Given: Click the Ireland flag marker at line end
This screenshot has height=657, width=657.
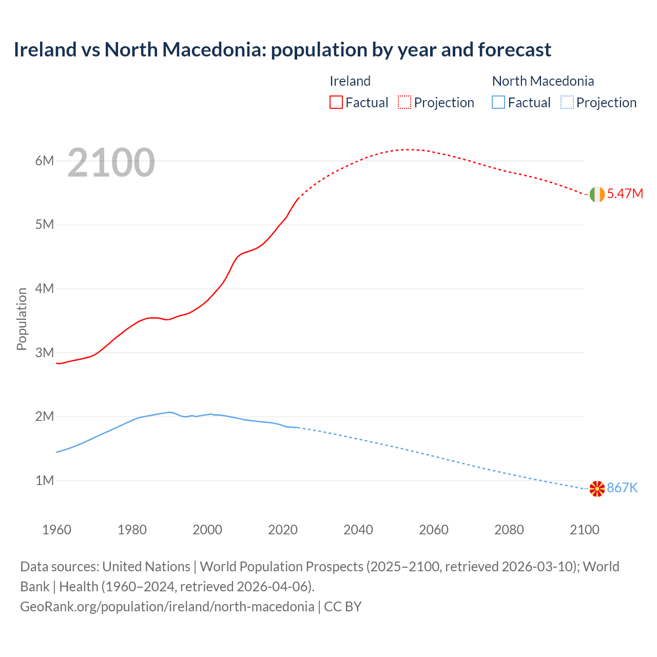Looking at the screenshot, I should (597, 195).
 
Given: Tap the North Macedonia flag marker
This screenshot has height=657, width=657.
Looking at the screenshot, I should (597, 489).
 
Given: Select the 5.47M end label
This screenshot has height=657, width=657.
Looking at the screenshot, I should (625, 194).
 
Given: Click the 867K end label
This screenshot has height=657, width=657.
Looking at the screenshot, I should (622, 488).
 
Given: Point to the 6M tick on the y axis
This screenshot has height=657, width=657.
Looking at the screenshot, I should (45, 161).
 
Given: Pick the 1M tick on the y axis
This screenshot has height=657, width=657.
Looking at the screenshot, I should (45, 481).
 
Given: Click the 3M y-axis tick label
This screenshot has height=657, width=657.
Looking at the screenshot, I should (45, 353).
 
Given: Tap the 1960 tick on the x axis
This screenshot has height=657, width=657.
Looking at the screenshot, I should (56, 530).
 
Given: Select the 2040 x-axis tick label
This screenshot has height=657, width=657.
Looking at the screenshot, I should (358, 530).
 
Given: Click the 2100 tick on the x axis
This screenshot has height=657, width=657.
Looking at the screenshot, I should (585, 530).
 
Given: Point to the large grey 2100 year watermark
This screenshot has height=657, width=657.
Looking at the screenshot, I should (111, 163).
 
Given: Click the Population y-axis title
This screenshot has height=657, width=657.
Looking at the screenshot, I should (22, 319).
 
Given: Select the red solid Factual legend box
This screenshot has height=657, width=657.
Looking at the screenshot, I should (336, 103).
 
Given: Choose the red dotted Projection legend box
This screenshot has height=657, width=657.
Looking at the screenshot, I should (404, 103).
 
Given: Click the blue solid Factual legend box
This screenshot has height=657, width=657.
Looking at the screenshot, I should (498, 103).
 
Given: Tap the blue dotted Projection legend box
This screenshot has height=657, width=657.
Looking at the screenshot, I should (567, 103).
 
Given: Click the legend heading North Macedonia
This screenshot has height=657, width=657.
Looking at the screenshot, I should (543, 81).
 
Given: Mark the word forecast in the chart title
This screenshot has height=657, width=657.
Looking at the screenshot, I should (514, 50).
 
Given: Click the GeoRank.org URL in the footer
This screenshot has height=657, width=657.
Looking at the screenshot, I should (167, 607).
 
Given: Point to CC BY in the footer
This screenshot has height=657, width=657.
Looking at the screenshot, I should (343, 607).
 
